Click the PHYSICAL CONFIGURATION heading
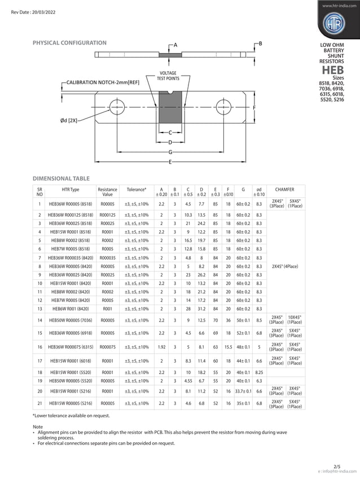[x=69, y=43]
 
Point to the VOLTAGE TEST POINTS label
[x=168, y=76]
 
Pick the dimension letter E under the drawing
[x=170, y=162]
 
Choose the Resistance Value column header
[x=107, y=191]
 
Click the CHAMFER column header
[x=286, y=190]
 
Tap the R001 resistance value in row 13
[x=107, y=309]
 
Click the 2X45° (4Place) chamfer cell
[x=286, y=266]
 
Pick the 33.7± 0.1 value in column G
[x=243, y=391]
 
